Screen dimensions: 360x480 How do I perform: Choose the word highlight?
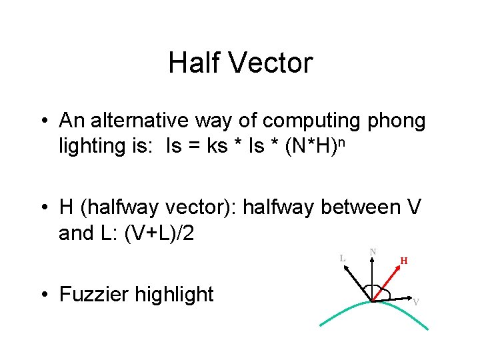pos(180,294)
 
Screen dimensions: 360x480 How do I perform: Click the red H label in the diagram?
pos(404,261)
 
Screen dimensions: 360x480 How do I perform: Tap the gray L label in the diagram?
pos(342,257)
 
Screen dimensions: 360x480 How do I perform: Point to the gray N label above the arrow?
pos(373,251)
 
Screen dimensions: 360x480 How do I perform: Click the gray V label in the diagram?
pos(416,302)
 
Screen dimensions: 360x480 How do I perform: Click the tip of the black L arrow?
pos(345,267)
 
